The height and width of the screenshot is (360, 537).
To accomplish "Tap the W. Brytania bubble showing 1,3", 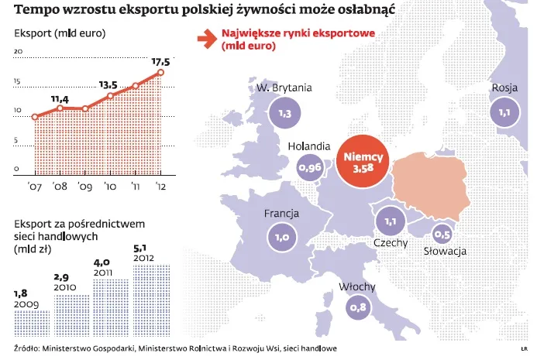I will coord(284,114).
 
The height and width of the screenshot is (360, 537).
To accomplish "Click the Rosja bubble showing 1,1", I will coord(505,113).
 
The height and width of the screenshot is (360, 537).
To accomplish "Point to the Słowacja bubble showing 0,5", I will coord(442,234).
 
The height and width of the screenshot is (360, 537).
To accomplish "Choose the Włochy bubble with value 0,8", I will coord(357,308).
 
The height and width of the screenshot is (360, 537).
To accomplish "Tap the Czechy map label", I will coord(391,243).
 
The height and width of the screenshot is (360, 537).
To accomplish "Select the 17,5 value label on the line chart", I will coord(160,60).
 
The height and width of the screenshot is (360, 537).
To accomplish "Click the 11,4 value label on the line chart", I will coord(60,99).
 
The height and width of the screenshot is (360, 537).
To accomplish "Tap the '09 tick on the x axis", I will coord(84,186).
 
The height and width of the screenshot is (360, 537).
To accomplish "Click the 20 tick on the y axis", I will coord(18,52).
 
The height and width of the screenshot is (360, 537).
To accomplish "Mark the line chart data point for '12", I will coord(160,73).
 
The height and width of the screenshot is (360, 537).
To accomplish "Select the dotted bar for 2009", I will coord(33,324).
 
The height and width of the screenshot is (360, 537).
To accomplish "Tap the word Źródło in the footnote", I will coord(28,348).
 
